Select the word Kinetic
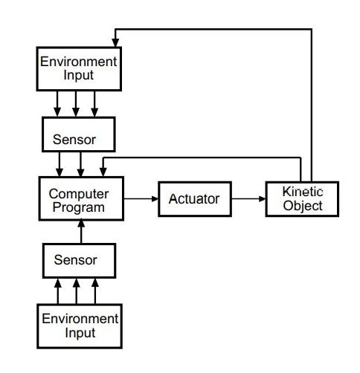(x=303, y=192)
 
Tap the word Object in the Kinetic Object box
(x=303, y=206)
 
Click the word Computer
(x=79, y=194)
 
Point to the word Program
(x=79, y=207)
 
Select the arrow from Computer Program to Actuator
(x=141, y=198)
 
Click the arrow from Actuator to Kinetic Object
(x=248, y=198)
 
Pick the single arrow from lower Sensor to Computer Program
(x=81, y=232)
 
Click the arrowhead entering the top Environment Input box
(x=115, y=42)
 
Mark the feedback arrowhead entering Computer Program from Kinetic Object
(x=103, y=172)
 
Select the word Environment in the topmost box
(x=78, y=62)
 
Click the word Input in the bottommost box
(x=80, y=333)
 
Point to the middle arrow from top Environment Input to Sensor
(x=76, y=104)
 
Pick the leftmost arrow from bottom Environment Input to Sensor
(x=58, y=291)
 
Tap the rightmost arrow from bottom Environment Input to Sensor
(x=95, y=291)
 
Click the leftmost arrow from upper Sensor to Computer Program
(x=60, y=164)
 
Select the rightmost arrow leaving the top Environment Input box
(x=94, y=104)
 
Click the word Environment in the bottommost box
(x=80, y=319)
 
